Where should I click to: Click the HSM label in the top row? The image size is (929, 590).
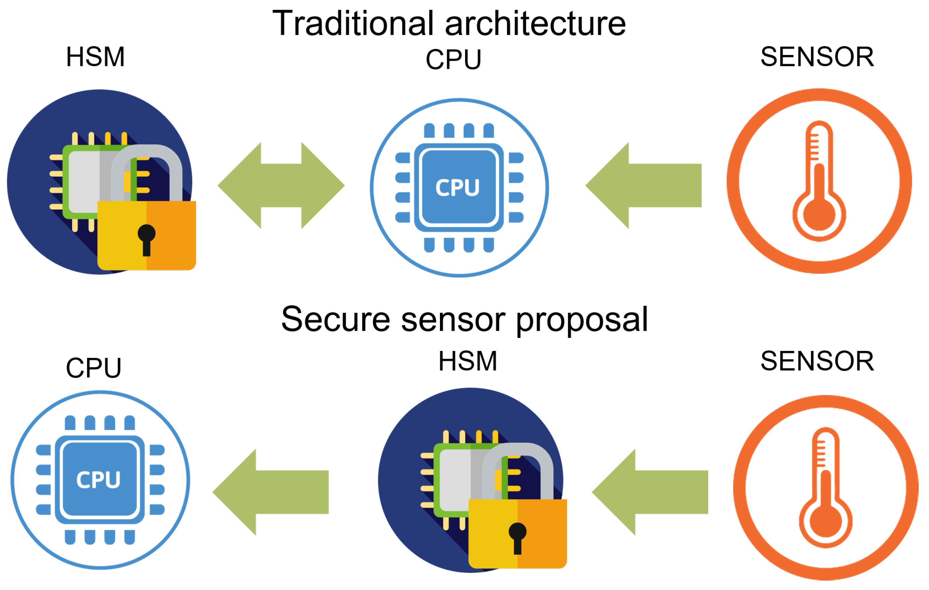(x=95, y=57)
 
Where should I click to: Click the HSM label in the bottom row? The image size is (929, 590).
(x=468, y=361)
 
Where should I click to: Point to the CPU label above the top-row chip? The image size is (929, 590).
(x=454, y=60)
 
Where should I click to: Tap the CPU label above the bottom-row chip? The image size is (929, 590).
(x=94, y=368)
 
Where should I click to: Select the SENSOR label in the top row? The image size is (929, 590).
(x=817, y=57)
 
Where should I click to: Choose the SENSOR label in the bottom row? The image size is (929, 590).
(x=817, y=361)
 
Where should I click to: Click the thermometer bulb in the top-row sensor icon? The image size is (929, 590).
(x=819, y=214)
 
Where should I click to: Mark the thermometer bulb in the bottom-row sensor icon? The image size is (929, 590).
(x=826, y=521)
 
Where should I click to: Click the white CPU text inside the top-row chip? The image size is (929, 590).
(x=458, y=188)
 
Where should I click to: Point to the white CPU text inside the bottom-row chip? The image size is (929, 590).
(x=98, y=480)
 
